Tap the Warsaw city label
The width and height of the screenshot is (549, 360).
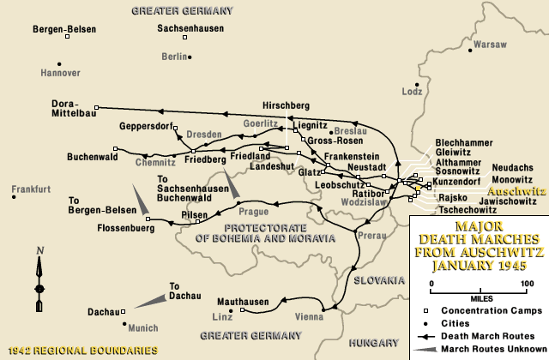[490, 43]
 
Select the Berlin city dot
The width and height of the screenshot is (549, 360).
[190, 57]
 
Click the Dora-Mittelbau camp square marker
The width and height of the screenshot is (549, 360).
[96, 108]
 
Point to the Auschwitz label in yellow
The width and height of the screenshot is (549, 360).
[515, 192]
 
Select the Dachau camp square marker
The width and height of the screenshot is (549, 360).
[124, 312]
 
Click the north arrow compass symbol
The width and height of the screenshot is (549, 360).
[39, 279]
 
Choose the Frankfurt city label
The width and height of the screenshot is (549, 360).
[32, 188]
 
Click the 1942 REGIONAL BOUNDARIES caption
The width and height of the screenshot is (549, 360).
[82, 350]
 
